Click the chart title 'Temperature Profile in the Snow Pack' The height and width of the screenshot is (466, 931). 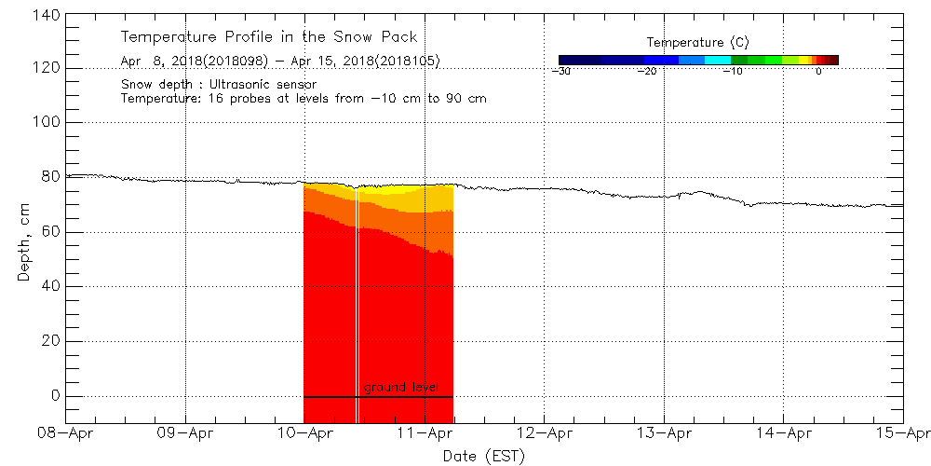[x=268, y=37]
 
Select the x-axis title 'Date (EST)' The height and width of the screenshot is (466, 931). [x=483, y=456]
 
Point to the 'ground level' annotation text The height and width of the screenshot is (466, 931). [x=400, y=387]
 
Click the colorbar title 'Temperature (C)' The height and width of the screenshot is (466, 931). [x=697, y=42]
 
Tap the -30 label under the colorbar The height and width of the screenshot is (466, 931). [x=561, y=71]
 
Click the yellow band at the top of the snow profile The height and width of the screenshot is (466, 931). [x=410, y=199]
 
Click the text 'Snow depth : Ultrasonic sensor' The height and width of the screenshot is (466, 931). [x=218, y=84]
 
